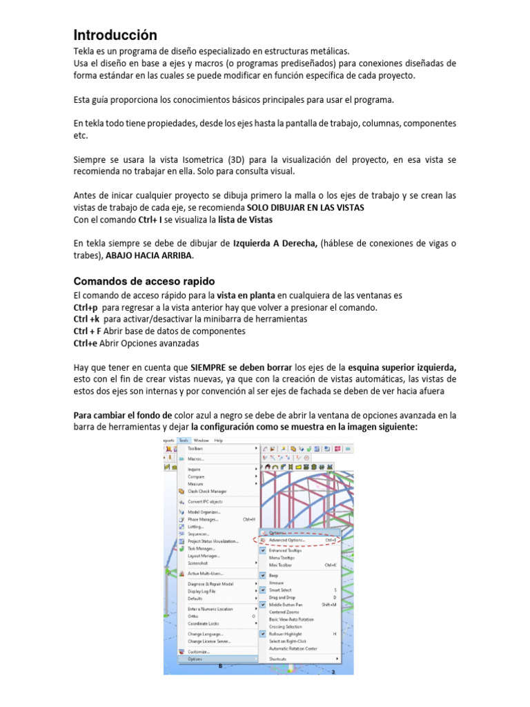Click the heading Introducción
point(115,35)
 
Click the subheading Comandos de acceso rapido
point(144,281)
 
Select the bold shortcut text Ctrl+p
point(86,307)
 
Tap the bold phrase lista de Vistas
point(245,220)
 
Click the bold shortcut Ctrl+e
point(86,343)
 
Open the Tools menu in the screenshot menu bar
point(183,440)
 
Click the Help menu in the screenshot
point(219,440)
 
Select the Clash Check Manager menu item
point(208,491)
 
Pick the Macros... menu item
point(196,458)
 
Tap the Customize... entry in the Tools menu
point(199,651)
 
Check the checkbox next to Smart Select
point(263,590)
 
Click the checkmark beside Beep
point(263,574)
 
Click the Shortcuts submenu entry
point(279,659)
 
